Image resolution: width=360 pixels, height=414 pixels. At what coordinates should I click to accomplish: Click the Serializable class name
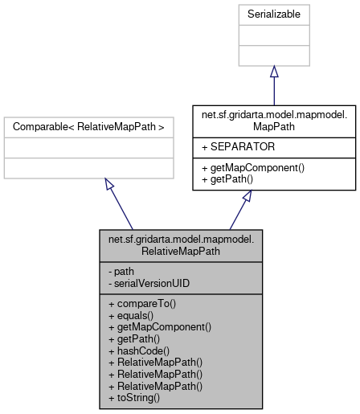click(x=273, y=15)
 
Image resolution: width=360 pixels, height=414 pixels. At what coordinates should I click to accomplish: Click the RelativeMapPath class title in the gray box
click(x=181, y=245)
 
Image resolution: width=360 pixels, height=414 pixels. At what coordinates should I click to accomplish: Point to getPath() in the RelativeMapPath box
click(x=133, y=338)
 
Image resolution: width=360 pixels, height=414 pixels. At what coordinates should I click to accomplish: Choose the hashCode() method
click(x=138, y=350)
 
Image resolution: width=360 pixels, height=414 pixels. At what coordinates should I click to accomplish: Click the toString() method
click(x=133, y=397)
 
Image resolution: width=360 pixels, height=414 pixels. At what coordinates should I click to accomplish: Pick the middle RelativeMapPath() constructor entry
click(x=154, y=374)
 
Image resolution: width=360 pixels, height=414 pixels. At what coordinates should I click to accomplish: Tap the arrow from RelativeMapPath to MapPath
click(x=241, y=209)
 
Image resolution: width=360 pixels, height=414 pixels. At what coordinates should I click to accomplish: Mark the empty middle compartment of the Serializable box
click(x=273, y=35)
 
